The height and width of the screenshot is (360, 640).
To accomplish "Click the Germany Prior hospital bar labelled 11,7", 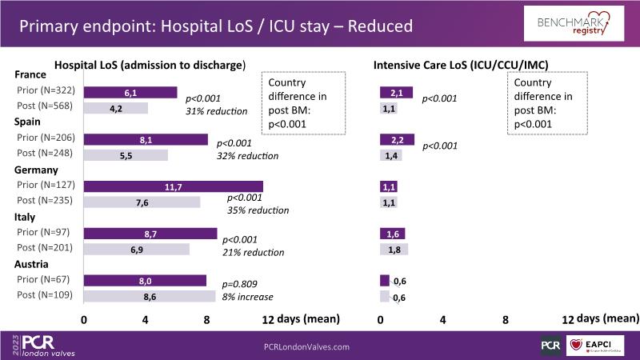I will click(x=174, y=186).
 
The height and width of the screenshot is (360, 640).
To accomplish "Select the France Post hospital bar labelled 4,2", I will click(x=116, y=108).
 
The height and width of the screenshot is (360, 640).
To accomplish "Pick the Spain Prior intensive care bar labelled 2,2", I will click(x=397, y=139).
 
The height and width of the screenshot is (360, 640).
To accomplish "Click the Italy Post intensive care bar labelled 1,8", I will click(x=394, y=249).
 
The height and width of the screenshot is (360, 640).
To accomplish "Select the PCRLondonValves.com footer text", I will click(x=306, y=346).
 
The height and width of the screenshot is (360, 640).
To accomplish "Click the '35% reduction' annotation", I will click(x=258, y=210).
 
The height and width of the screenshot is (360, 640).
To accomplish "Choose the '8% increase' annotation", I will click(x=248, y=297).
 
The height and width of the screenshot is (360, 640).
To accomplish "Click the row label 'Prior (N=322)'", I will click(x=45, y=93).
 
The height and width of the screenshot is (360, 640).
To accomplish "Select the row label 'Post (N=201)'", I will click(x=45, y=248).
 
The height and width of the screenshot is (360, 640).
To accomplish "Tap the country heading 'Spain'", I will click(x=30, y=122).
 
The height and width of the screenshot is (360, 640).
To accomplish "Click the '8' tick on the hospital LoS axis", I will click(x=207, y=318).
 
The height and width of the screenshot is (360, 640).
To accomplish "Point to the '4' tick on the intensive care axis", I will click(x=442, y=318).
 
